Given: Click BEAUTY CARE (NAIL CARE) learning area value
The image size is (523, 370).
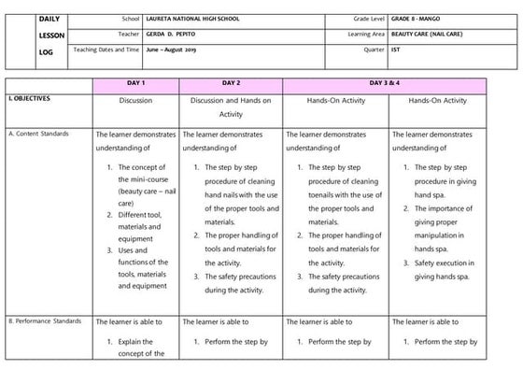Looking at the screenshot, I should [x=432, y=35].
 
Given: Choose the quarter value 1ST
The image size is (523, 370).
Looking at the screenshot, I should [x=396, y=50].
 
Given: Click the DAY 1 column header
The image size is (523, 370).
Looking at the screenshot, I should [x=136, y=84].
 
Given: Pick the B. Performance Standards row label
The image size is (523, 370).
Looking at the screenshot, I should [x=43, y=321].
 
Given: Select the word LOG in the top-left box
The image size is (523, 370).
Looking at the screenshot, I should [x=47, y=51].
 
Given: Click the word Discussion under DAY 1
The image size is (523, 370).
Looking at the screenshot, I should [x=136, y=100].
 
